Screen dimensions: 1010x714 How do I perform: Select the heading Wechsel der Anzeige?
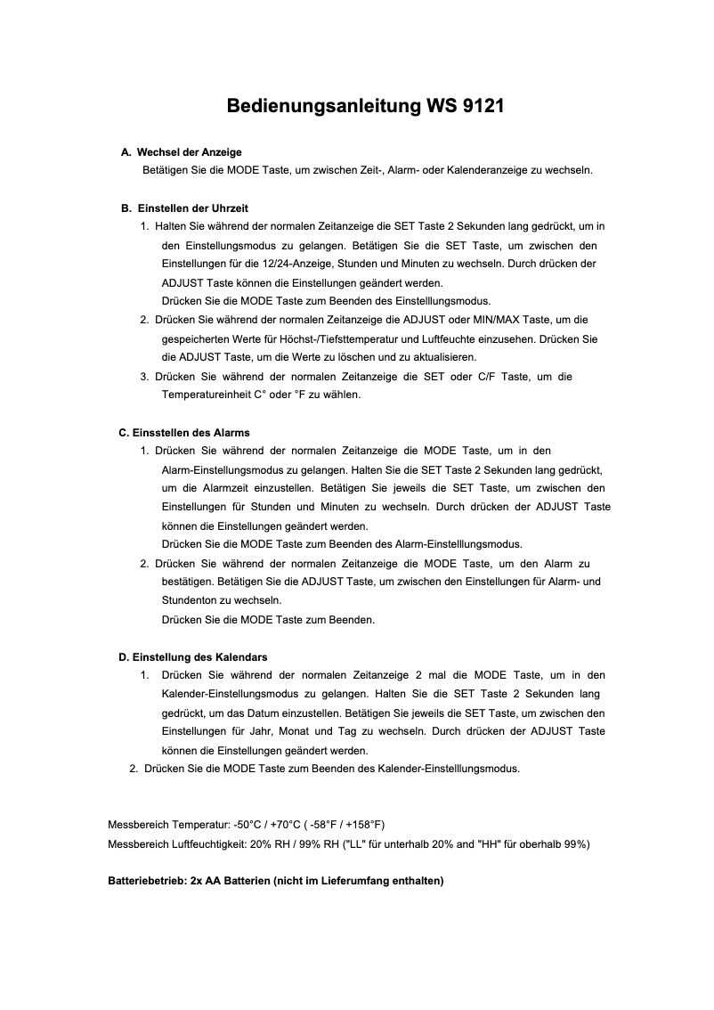(189, 152)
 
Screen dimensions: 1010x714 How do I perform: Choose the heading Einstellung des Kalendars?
(199, 657)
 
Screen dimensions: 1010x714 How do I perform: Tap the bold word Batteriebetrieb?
(146, 881)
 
